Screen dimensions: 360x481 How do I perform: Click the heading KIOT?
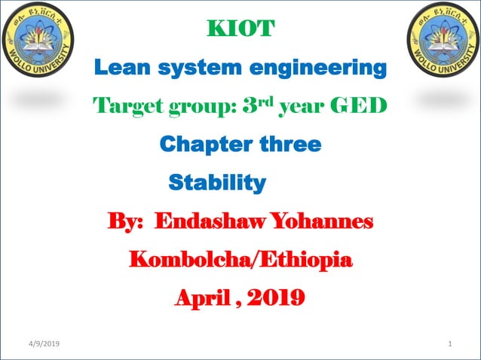(240, 31)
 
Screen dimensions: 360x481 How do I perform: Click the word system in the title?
(198, 69)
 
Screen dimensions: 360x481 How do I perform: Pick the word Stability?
(217, 182)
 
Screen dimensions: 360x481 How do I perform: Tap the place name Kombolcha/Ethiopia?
(240, 261)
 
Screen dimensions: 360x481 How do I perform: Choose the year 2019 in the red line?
(275, 298)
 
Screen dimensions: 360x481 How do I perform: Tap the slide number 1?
(449, 344)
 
